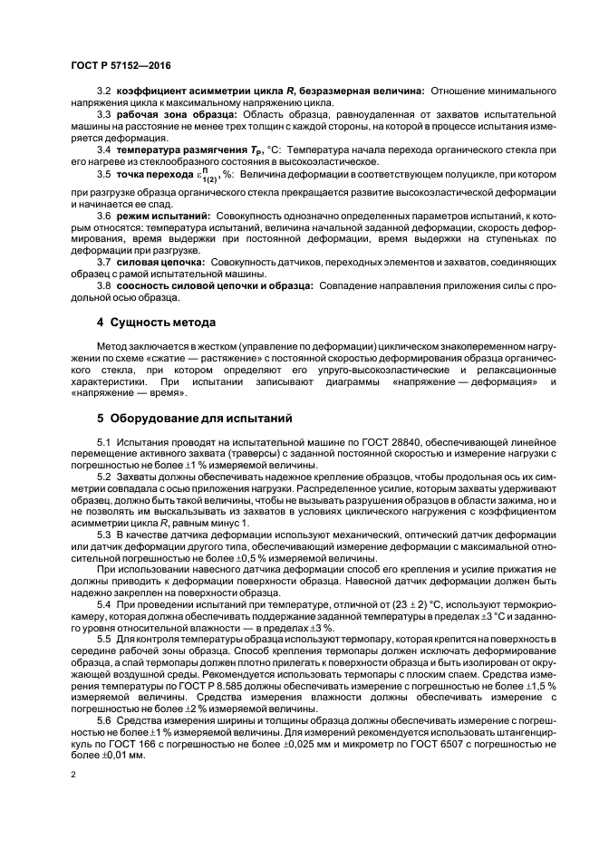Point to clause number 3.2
click(103, 92)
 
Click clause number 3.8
click(103, 285)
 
